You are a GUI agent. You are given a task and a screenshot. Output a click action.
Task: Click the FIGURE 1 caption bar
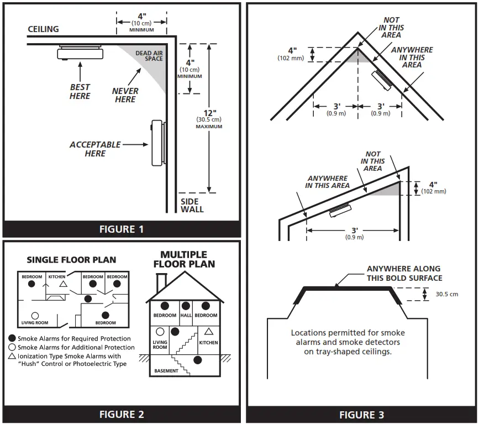click(x=122, y=229)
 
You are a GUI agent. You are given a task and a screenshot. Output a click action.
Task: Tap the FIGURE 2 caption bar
click(x=122, y=413)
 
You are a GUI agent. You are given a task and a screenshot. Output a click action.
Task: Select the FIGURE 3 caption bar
click(x=361, y=415)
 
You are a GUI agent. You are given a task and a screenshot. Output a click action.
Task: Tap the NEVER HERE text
click(x=125, y=95)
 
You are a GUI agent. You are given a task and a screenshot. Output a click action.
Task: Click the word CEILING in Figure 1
click(x=43, y=29)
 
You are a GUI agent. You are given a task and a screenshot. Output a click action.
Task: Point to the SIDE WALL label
click(x=192, y=206)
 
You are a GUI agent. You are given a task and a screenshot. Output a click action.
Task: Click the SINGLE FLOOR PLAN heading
click(x=72, y=260)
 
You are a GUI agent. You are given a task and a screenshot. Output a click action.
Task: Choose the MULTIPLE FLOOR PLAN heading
click(x=184, y=259)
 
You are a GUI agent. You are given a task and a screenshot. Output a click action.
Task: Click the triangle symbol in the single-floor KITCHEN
click(x=64, y=284)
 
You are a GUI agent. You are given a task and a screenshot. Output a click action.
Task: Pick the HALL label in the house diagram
click(x=186, y=315)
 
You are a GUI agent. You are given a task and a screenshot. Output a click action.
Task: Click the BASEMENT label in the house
click(x=166, y=371)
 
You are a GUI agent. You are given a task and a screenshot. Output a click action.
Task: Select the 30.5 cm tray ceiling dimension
click(x=446, y=294)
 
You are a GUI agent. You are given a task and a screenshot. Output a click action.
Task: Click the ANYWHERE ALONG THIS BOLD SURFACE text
click(x=404, y=274)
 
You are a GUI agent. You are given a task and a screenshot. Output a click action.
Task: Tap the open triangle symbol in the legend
click(x=12, y=357)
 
